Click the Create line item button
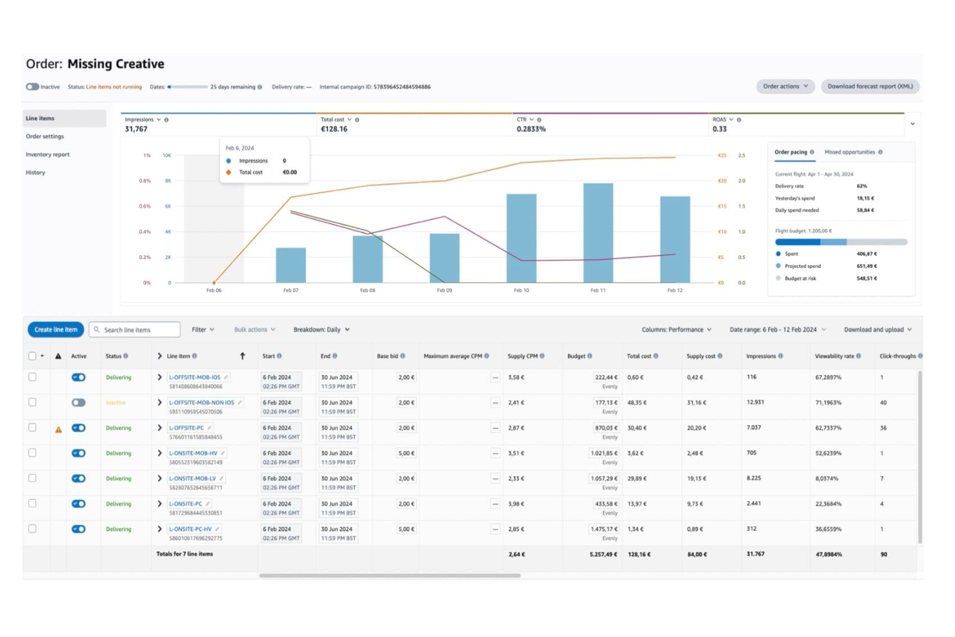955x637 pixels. (x=55, y=330)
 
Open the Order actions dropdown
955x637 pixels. (x=785, y=86)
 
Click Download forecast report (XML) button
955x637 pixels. (x=870, y=86)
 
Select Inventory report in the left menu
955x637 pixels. (x=48, y=155)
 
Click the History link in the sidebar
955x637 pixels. (x=35, y=173)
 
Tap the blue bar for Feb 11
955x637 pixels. (x=598, y=233)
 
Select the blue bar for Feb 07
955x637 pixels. (x=291, y=265)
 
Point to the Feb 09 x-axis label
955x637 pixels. (x=445, y=290)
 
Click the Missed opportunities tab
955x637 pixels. (x=850, y=152)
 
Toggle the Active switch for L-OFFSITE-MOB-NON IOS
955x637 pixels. (x=79, y=403)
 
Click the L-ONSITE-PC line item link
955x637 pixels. (x=186, y=504)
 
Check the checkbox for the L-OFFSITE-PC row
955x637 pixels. (x=32, y=428)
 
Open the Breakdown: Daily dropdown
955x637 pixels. (x=321, y=330)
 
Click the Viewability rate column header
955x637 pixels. (x=834, y=356)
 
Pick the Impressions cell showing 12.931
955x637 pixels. (x=755, y=403)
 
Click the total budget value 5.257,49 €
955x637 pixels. (x=603, y=554)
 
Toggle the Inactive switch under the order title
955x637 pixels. (x=32, y=86)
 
